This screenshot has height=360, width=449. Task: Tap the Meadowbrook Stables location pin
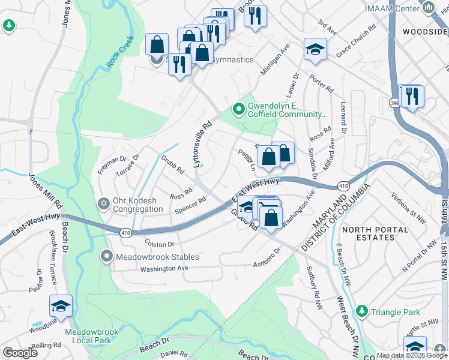point(107,257)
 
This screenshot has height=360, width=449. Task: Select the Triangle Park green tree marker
point(361,311)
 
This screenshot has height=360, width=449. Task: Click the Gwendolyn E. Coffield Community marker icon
point(238,109)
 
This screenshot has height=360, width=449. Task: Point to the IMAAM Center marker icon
point(428,7)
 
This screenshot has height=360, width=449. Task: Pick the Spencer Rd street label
point(190,207)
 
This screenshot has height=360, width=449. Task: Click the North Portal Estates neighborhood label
point(369,233)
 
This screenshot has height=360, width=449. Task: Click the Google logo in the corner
point(20,353)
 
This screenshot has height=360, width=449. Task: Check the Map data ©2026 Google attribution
point(411,356)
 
